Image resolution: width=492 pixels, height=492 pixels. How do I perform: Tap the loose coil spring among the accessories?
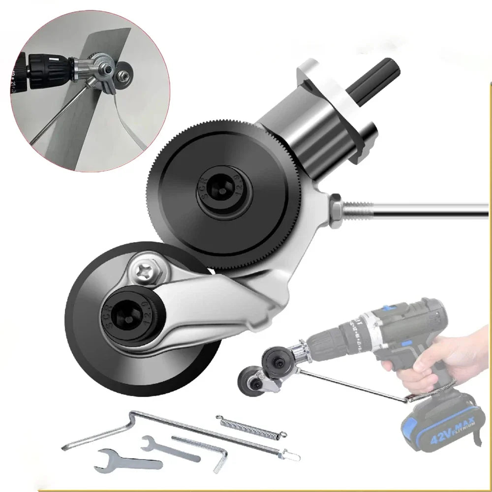click(250, 426)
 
